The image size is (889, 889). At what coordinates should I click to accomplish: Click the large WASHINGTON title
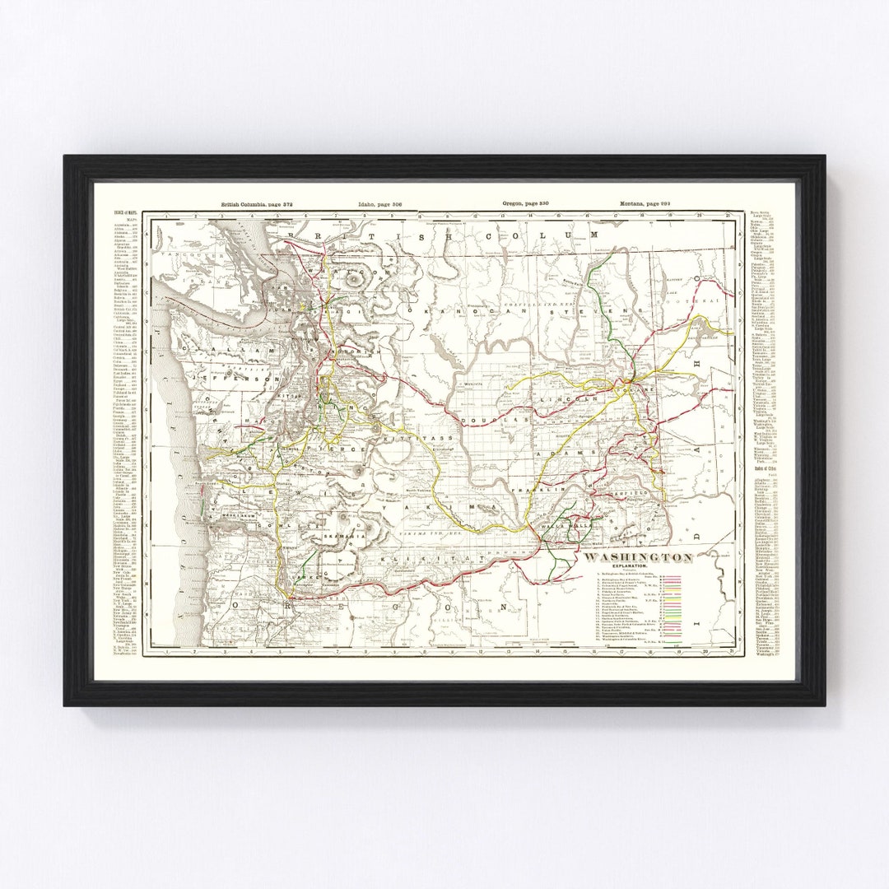(638, 557)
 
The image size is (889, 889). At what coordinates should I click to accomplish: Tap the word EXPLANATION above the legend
(638, 568)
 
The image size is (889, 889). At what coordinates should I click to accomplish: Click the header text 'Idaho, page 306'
(379, 203)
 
